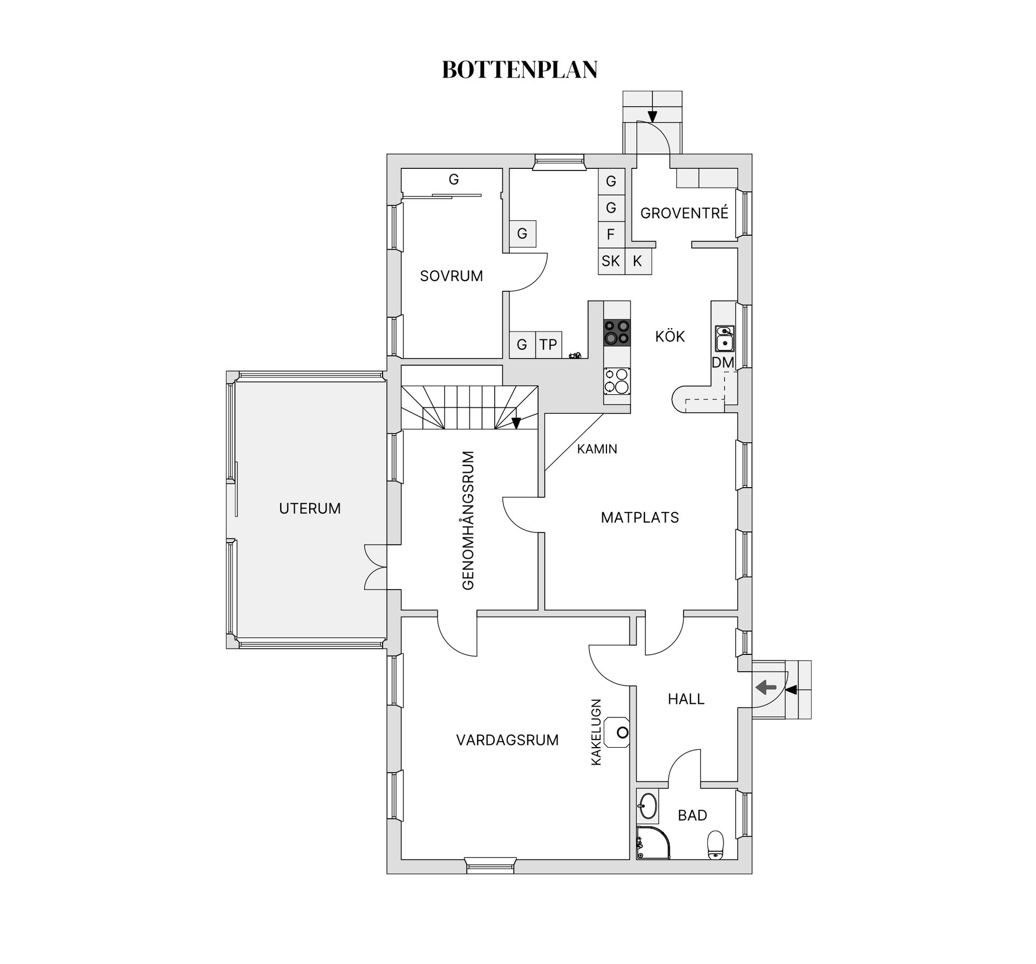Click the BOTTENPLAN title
pos(520,70)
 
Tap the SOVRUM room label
pos(452,276)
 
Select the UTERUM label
pos(310,508)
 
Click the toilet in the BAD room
pos(715,844)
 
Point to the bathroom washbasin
pos(647,806)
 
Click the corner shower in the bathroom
pos(653,843)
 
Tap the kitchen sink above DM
pos(724,338)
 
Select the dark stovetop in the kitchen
pos(617,332)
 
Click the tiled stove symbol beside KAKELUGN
pos(617,732)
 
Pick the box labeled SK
pos(611,261)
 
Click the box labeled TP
pos(549,344)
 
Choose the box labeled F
pos(611,235)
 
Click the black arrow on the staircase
pos(516,423)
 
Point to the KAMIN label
pos(597,449)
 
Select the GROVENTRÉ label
pos(684,213)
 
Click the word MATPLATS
pos(640,517)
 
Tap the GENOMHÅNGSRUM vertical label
pos(468,521)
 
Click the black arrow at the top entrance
pos(652,116)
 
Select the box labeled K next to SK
pos(638,261)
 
